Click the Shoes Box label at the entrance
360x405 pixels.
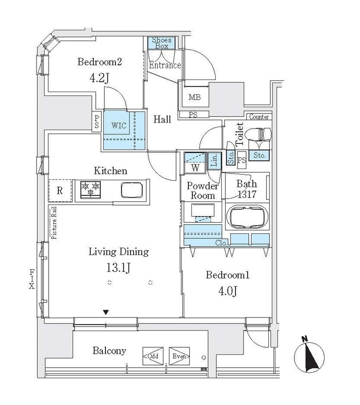tap(162, 43)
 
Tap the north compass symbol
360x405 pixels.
tap(309, 357)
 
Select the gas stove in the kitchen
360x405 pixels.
tap(91, 189)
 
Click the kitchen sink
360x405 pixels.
tap(132, 190)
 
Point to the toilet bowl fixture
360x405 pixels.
tap(258, 134)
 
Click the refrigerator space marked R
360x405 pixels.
tap(60, 191)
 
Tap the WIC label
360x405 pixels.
tap(119, 126)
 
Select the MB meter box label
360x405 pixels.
tap(195, 97)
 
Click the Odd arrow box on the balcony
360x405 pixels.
tap(153, 356)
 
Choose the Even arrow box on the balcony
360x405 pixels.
tap(179, 356)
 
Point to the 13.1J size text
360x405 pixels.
tap(118, 268)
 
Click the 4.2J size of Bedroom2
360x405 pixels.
tap(99, 78)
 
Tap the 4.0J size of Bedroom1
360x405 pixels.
tap(228, 291)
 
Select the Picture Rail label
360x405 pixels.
tap(54, 223)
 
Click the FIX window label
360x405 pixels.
tap(32, 279)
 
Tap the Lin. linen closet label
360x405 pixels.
tap(214, 160)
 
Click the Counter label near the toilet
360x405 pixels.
tap(259, 117)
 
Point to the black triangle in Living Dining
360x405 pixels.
tap(106, 312)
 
